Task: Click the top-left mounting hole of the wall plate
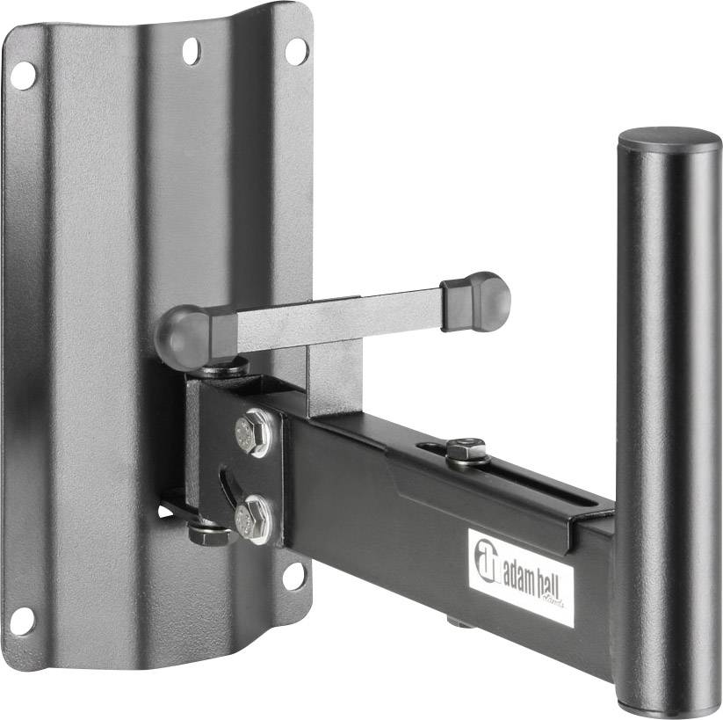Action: pos(24,75)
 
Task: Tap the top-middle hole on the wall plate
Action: pos(192,51)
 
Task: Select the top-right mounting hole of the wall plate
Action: pos(297,51)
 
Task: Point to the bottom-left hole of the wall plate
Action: pos(22,621)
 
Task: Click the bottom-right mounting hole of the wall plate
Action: pos(293,576)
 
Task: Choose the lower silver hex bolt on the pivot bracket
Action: pos(252,519)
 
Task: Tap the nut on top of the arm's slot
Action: pos(466,450)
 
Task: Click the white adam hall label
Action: pos(521,577)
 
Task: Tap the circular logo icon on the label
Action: pos(486,556)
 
